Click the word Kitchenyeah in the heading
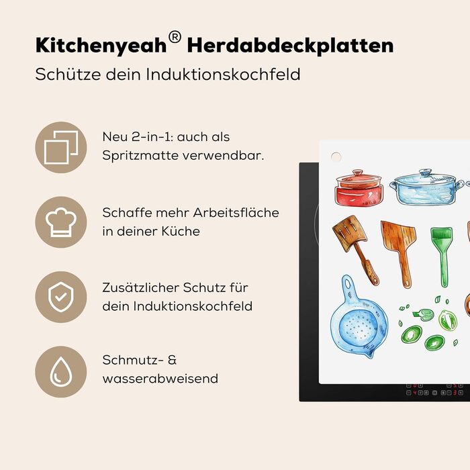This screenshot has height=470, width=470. (101, 46)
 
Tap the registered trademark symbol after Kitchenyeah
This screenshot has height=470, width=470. (175, 37)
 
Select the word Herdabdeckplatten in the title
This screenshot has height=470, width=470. (290, 46)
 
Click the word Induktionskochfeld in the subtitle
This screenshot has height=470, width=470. (223, 74)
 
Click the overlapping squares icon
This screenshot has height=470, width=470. (61, 148)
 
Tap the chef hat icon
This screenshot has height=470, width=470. (61, 222)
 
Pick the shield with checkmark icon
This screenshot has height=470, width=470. (61, 297)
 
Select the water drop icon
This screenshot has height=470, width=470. (61, 372)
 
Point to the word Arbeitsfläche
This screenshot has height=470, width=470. (236, 213)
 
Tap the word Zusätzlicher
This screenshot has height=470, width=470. (141, 288)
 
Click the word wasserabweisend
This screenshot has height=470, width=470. (160, 379)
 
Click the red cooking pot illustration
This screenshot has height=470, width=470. (359, 188)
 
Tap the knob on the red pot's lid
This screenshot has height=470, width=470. (358, 173)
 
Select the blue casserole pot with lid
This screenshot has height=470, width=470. (426, 187)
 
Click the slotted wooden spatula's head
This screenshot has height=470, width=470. (349, 232)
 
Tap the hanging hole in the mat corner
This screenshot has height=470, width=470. (336, 156)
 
